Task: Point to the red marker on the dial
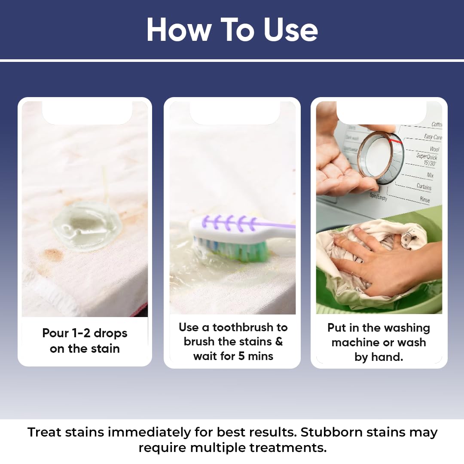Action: pos(395,140)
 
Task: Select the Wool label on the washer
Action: pos(434,149)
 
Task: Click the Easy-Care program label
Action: pos(433,137)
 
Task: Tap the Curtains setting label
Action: pos(424,186)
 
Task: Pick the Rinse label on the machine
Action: pos(424,199)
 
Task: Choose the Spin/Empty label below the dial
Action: pos(379,197)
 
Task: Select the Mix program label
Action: pos(430,175)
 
